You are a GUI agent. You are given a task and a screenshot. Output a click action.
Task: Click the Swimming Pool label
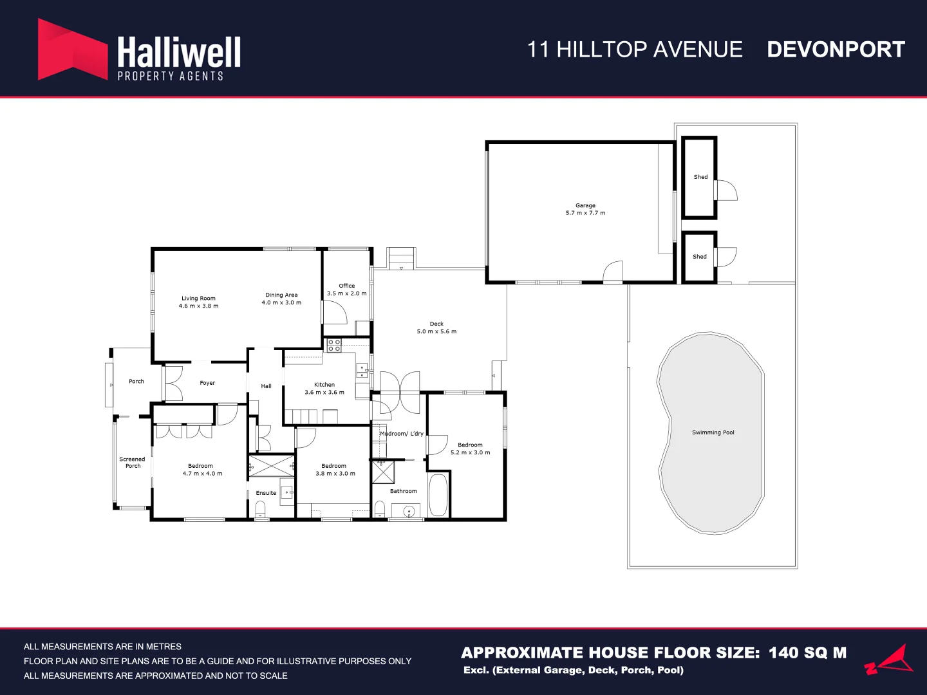pyautogui.click(x=713, y=432)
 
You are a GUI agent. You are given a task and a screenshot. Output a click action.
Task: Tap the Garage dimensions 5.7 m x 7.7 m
pyautogui.click(x=585, y=213)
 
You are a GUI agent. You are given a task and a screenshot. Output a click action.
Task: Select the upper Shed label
pyautogui.click(x=700, y=177)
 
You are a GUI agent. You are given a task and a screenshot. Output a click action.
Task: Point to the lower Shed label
pyautogui.click(x=699, y=257)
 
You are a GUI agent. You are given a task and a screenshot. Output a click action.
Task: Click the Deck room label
pyautogui.click(x=436, y=324)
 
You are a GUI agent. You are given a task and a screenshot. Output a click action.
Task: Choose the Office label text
pyautogui.click(x=347, y=286)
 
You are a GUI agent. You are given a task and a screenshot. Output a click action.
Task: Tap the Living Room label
pyautogui.click(x=198, y=299)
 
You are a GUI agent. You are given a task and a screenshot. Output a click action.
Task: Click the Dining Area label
pyautogui.click(x=281, y=295)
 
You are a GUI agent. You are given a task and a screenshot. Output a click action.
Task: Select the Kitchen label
pyautogui.click(x=324, y=385)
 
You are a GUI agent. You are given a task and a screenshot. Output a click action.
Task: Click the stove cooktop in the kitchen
pyautogui.click(x=333, y=345)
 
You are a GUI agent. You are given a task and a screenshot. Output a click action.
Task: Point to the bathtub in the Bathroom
pyautogui.click(x=438, y=495)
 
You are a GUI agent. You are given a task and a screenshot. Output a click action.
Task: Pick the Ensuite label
pyautogui.click(x=266, y=493)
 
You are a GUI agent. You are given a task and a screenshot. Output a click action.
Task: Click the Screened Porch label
pyautogui.click(x=132, y=463)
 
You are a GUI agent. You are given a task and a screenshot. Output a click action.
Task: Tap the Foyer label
pyautogui.click(x=207, y=383)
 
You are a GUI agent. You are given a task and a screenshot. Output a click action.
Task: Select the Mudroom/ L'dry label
pyautogui.click(x=402, y=434)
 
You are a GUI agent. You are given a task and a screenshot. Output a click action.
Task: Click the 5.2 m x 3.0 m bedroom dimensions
pyautogui.click(x=470, y=452)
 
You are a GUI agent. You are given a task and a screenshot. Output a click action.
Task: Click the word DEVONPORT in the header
pyautogui.click(x=836, y=50)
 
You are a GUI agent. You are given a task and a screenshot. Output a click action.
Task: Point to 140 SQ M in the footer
pyautogui.click(x=807, y=653)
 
